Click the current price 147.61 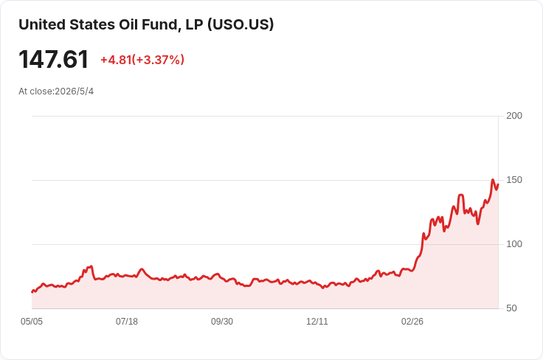(x=54, y=60)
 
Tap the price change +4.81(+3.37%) (x=142, y=60)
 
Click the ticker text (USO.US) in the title (x=241, y=24)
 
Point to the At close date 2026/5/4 (x=74, y=91)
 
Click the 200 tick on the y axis (x=514, y=116)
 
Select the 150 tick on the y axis (x=514, y=180)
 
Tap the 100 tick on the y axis (x=514, y=244)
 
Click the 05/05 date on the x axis (x=32, y=322)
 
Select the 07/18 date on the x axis (x=127, y=322)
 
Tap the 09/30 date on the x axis (x=222, y=322)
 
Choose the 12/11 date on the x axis (x=317, y=322)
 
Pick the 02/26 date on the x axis (x=412, y=322)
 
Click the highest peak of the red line (x=493, y=180)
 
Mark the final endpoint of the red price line (x=498, y=185)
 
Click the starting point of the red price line (x=32, y=292)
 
